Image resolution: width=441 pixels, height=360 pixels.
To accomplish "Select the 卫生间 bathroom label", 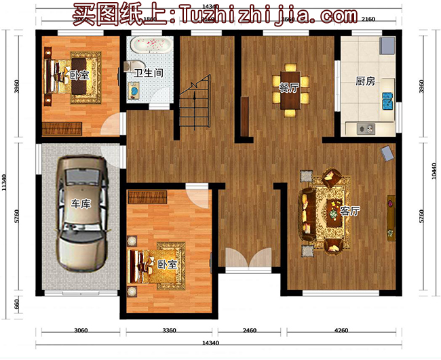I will [x=147, y=73].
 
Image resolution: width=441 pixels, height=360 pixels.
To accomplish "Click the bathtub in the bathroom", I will [x=150, y=46].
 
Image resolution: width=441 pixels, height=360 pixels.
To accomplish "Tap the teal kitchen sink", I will [x=389, y=102].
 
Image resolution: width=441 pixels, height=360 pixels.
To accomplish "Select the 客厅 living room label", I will [x=350, y=211].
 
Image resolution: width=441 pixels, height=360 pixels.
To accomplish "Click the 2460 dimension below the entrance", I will [x=250, y=331].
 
